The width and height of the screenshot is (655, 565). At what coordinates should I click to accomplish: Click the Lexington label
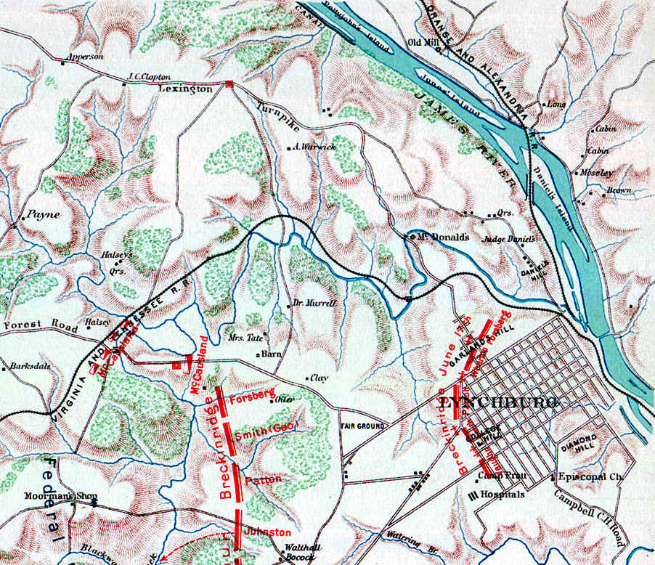point(185,89)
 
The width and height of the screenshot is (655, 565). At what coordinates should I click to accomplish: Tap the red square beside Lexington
point(230,84)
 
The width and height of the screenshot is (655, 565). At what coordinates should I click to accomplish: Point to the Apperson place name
point(84,56)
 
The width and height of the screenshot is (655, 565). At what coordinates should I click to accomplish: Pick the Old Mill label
point(426,41)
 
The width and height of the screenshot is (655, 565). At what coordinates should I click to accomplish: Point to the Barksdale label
point(31,367)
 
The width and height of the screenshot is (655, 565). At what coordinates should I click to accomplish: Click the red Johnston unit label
point(263,532)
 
